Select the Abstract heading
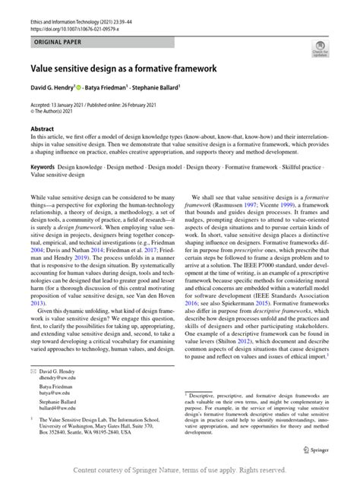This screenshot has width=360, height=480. click(x=41, y=130)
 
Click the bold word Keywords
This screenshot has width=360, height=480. click(x=44, y=166)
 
